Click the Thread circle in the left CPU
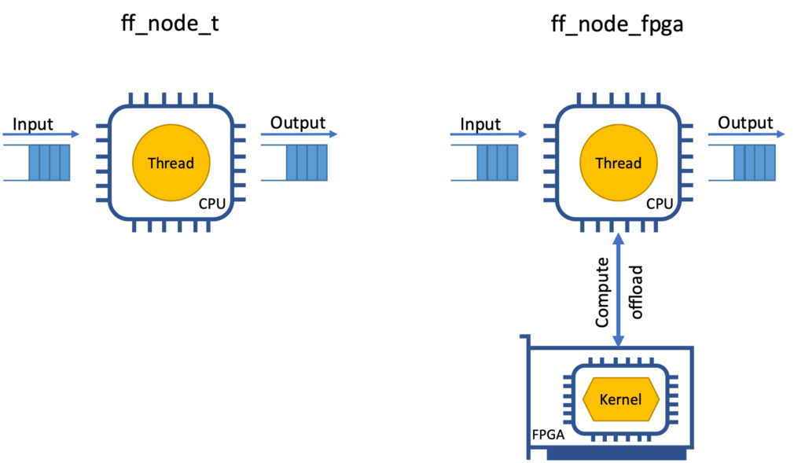point(171,164)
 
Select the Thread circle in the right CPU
point(618,164)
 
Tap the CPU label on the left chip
point(212,204)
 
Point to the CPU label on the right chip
point(660,204)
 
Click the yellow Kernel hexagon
point(620,399)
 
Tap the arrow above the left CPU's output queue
point(299,134)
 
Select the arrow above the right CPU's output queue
point(746,134)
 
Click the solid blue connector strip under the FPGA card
point(617,455)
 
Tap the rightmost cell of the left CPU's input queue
point(65,163)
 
